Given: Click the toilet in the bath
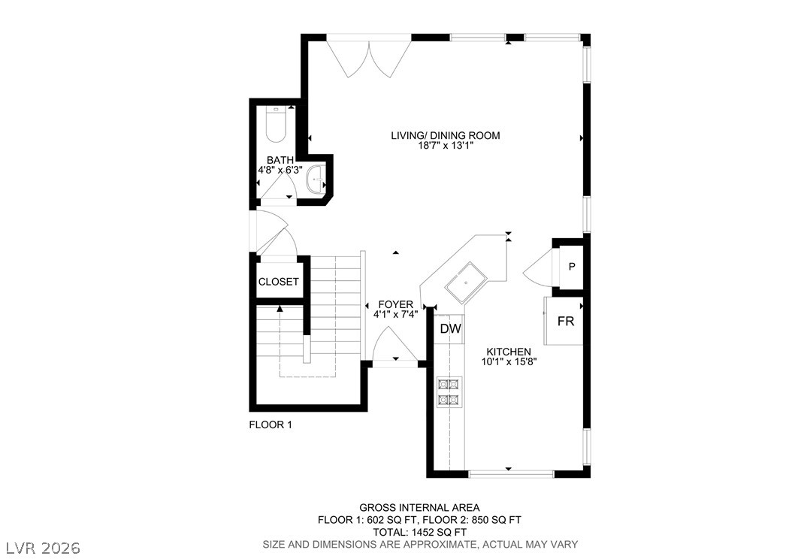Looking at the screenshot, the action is tap(276, 124).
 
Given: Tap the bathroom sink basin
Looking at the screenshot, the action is tap(316, 179).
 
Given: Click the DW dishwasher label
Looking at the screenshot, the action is tap(451, 329).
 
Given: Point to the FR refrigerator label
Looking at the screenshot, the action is tap(566, 321).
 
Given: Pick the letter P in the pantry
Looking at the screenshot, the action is tap(572, 267).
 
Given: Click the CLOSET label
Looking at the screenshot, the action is tap(278, 282).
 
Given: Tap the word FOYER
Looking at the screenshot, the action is tap(395, 304).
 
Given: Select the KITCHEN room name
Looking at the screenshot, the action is tap(509, 352).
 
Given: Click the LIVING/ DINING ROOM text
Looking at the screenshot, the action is tap(446, 135).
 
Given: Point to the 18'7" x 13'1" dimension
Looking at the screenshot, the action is tap(446, 146).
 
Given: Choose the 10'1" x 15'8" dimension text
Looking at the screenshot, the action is tap(509, 361).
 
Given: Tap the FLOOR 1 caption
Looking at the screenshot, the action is tap(271, 425).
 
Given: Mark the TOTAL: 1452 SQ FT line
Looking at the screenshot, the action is tap(419, 532).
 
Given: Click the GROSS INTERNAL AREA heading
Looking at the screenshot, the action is tap(419, 508).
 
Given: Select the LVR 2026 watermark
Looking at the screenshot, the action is tap(43, 548).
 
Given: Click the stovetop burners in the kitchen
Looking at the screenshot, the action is tap(449, 392).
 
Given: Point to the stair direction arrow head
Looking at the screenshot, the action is tap(280, 308).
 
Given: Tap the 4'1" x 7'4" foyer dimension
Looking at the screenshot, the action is tap(395, 315).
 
